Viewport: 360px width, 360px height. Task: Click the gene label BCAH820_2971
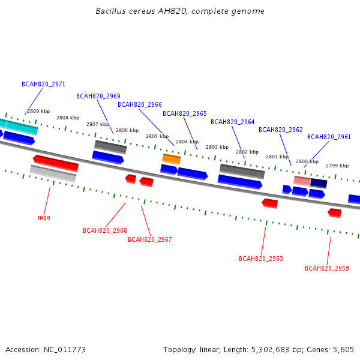click(x=43, y=84)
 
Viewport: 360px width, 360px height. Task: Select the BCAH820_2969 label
click(x=98, y=96)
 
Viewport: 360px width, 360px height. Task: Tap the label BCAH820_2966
click(x=140, y=104)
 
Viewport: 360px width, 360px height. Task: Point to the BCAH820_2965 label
click(x=185, y=113)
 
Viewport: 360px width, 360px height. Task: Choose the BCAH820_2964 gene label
click(x=233, y=122)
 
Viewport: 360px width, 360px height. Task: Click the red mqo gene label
click(x=44, y=217)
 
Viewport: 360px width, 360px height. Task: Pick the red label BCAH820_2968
click(x=104, y=230)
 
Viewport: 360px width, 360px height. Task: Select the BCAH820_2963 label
click(x=261, y=259)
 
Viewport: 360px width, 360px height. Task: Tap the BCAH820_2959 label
click(x=327, y=268)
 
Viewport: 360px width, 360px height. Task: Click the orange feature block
click(x=172, y=159)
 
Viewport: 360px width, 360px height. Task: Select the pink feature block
click(x=302, y=181)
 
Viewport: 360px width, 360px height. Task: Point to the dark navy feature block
click(x=319, y=184)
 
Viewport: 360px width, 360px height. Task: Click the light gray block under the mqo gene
click(x=53, y=173)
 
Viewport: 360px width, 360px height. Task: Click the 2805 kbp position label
click(x=157, y=136)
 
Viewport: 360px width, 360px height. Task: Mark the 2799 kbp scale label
click(x=337, y=166)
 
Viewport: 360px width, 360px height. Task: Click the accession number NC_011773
click(x=65, y=350)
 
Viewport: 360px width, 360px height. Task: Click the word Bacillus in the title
click(x=110, y=11)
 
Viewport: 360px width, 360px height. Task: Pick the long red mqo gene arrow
click(x=56, y=163)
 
